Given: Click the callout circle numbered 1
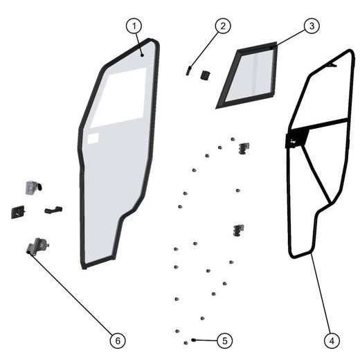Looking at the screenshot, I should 134,26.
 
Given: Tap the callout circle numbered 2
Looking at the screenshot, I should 222,26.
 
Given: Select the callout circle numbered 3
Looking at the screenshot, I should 311,26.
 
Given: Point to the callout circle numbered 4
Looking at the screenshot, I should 332,340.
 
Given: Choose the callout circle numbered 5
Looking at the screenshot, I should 223,340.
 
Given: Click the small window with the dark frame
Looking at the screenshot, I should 247,75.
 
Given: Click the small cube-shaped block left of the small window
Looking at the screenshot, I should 205,74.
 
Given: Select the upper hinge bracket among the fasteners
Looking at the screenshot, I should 242,148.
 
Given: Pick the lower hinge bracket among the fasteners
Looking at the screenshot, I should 239,229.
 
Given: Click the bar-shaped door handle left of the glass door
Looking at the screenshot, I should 53,208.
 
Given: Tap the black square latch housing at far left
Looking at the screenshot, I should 18,211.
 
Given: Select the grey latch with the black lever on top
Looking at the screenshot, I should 33,187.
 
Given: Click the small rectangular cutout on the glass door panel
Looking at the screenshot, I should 94,139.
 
